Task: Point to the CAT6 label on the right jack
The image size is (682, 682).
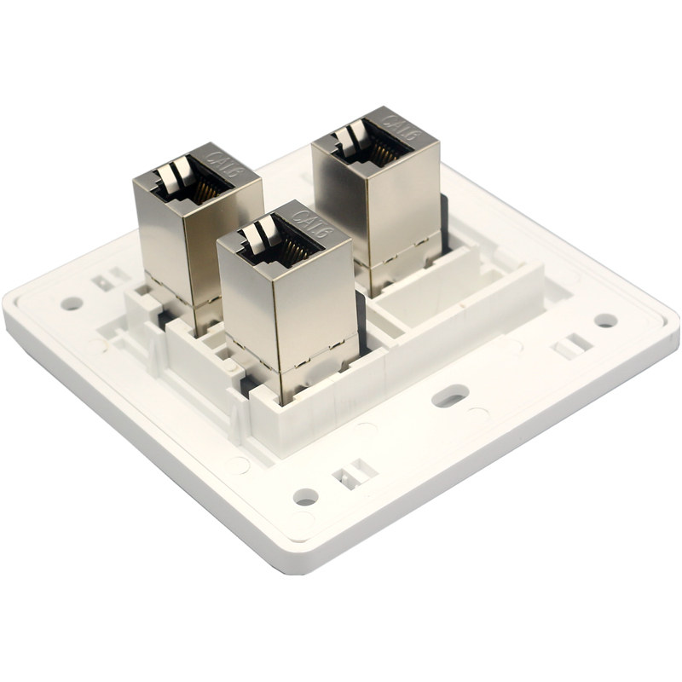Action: point(402,126)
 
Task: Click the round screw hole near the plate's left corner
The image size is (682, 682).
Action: point(72,303)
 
